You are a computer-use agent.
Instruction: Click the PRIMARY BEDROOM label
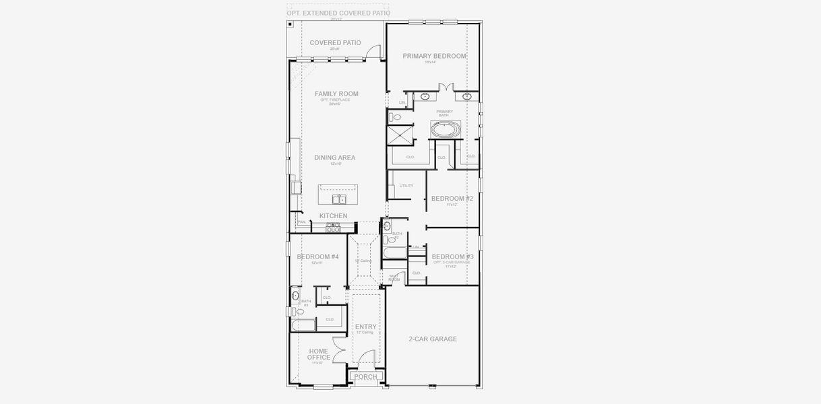434,56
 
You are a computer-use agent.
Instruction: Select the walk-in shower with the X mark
399,135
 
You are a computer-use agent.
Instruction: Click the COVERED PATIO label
335,43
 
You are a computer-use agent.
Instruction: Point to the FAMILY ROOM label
336,94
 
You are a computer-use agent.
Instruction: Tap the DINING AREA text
334,158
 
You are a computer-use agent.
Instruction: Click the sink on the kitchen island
338,199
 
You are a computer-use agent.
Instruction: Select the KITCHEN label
333,216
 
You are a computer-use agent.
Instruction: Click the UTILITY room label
406,186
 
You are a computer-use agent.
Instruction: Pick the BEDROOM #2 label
452,199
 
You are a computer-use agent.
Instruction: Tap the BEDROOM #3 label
452,257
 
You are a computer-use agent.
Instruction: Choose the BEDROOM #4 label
317,257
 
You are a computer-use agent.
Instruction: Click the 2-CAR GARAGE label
433,339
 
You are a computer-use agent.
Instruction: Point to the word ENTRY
366,327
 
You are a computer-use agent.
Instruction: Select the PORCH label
366,377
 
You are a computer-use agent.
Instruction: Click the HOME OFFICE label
319,354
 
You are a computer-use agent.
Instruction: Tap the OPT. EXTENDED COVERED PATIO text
338,13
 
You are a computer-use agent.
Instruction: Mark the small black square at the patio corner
290,24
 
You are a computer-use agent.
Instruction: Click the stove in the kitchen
333,229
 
